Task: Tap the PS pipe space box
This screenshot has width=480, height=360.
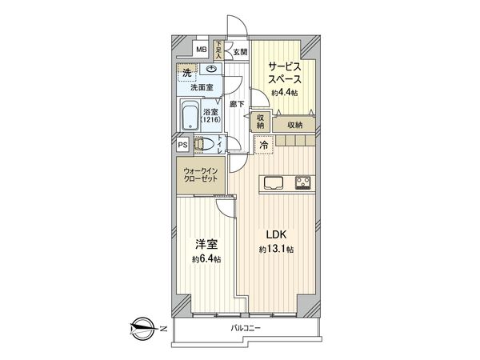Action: (x=182, y=145)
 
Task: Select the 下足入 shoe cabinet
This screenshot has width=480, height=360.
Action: (x=218, y=50)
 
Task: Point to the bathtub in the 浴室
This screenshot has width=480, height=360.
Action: (x=190, y=118)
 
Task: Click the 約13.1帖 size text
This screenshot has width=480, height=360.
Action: (x=276, y=250)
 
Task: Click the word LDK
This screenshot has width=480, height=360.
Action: (x=277, y=235)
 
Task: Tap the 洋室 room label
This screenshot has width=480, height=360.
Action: (x=205, y=245)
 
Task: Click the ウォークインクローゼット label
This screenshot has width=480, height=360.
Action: (x=200, y=174)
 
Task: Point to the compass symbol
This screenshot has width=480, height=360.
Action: (x=141, y=328)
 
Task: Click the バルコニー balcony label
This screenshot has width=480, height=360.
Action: (x=247, y=329)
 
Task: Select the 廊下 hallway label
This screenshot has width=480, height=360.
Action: (x=236, y=104)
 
